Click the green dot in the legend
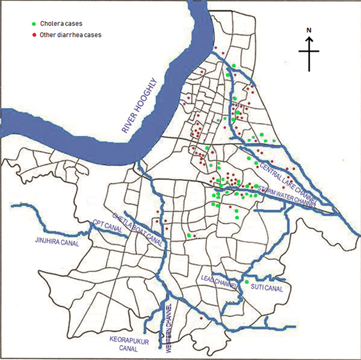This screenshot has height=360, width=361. (34, 24)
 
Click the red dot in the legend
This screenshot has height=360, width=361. (34, 35)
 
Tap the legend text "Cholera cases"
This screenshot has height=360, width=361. (61, 24)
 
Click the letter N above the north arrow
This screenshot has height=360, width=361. (309, 29)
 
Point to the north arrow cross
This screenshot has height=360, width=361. (309, 52)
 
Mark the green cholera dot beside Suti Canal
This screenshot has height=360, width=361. (247, 282)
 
